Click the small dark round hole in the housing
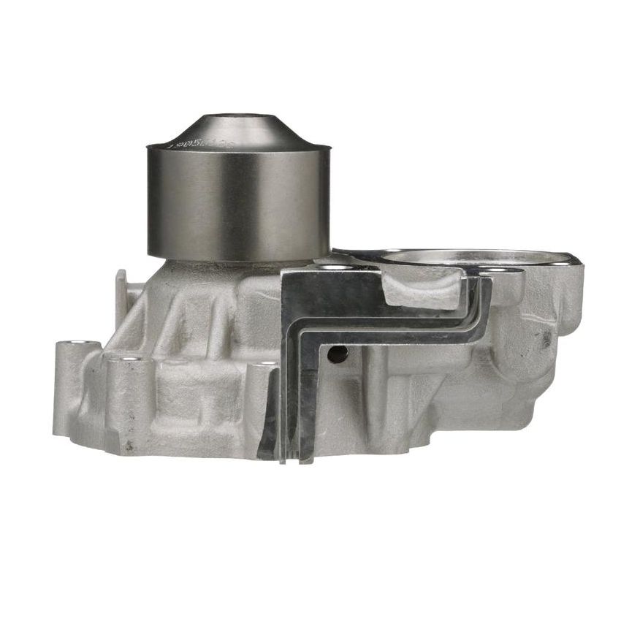[x=338, y=355]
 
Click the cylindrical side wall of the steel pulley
[x=238, y=201]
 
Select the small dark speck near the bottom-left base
[x=130, y=443]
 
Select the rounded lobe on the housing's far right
[x=563, y=307]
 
